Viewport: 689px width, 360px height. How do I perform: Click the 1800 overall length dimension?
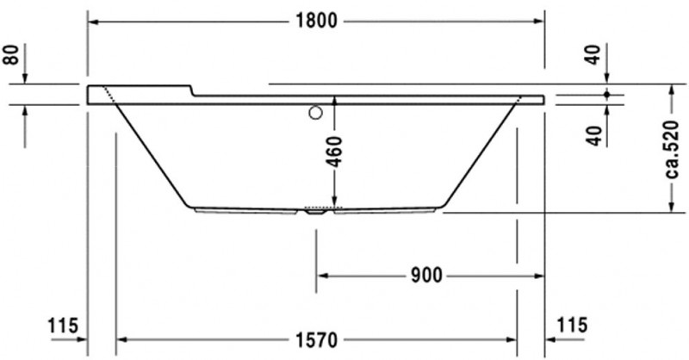315,22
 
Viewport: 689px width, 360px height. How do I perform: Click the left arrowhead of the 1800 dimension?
92,22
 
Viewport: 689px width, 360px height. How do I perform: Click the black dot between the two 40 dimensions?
607,94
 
